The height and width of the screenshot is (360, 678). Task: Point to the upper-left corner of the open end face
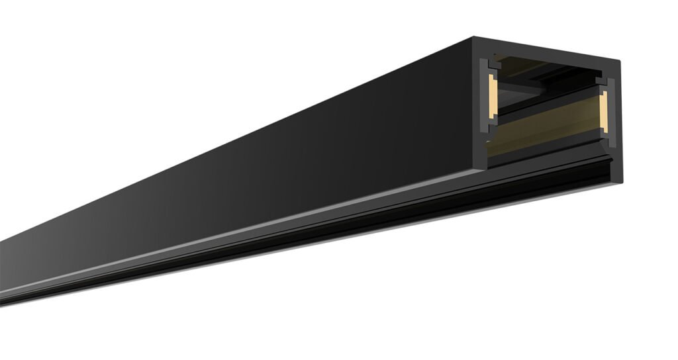click(474, 38)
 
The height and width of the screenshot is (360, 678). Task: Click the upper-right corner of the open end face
click(620, 61)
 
